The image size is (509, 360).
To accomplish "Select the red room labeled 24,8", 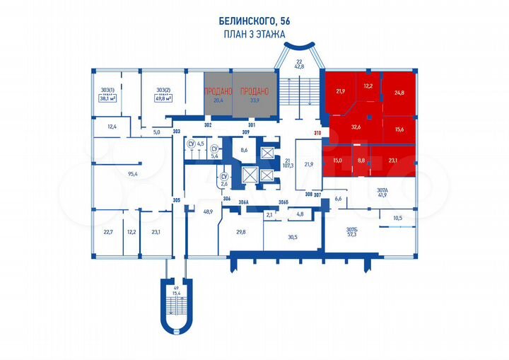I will tap(400, 92).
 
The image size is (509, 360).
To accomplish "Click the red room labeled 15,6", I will tap(399, 129).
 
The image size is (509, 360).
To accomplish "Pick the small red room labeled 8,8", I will tap(362, 161).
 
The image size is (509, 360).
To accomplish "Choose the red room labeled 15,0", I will tap(337, 161).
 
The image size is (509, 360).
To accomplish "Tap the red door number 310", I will tap(317, 133).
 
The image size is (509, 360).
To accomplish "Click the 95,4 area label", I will tap(131, 173).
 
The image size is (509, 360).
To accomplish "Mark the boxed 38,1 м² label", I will tap(108, 99).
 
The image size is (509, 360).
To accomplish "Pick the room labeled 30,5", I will tap(292, 237).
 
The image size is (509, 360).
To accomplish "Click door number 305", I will tap(177, 201).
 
